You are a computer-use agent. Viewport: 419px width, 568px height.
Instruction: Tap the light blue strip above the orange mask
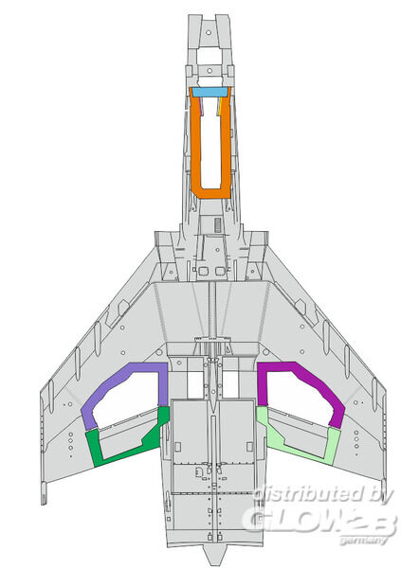point(209,92)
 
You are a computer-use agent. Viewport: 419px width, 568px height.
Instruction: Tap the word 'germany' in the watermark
point(363,541)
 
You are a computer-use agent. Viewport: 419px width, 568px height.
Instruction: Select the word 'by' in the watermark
point(382,495)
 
